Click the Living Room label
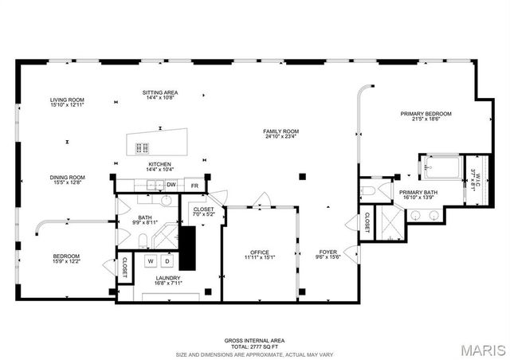[66, 102]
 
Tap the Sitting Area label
[159, 95]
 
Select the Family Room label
[281, 134]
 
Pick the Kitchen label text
[159, 166]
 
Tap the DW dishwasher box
[171, 185]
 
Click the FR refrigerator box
[194, 185]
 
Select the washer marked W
[149, 260]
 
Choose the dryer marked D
[167, 260]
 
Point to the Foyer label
[328, 255]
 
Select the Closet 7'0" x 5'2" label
[202, 213]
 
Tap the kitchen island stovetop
[143, 147]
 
